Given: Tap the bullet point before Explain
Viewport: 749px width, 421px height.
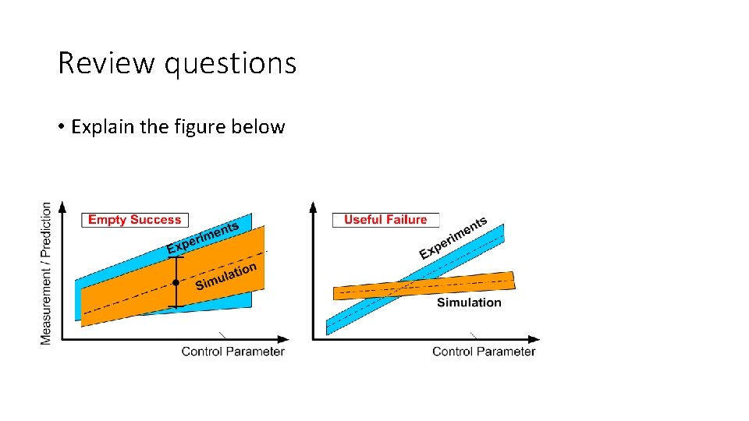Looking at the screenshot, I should pyautogui.click(x=61, y=127).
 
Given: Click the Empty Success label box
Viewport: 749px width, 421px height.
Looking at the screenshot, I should pyautogui.click(x=134, y=220).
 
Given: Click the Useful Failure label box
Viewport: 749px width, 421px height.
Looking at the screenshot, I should pyautogui.click(x=385, y=220).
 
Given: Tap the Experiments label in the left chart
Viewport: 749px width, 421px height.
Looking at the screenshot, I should pyautogui.click(x=203, y=238).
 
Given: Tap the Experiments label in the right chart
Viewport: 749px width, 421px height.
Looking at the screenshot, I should pyautogui.click(x=453, y=238).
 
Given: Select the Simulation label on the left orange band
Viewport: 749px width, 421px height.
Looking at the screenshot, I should pyautogui.click(x=225, y=276).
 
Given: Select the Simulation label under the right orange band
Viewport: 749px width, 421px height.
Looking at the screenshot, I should pyautogui.click(x=469, y=302).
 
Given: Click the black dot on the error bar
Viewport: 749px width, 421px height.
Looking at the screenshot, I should pyautogui.click(x=176, y=282).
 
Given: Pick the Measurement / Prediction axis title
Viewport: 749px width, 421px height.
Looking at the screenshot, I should pyautogui.click(x=46, y=273).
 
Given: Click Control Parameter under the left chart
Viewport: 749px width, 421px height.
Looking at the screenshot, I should pyautogui.click(x=233, y=352).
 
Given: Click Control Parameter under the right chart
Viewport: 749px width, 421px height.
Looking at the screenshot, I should pyautogui.click(x=484, y=352).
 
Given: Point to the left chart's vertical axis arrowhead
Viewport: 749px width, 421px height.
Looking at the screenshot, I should pyautogui.click(x=62, y=207).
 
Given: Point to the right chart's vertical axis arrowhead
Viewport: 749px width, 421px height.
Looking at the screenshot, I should pyautogui.click(x=314, y=207).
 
